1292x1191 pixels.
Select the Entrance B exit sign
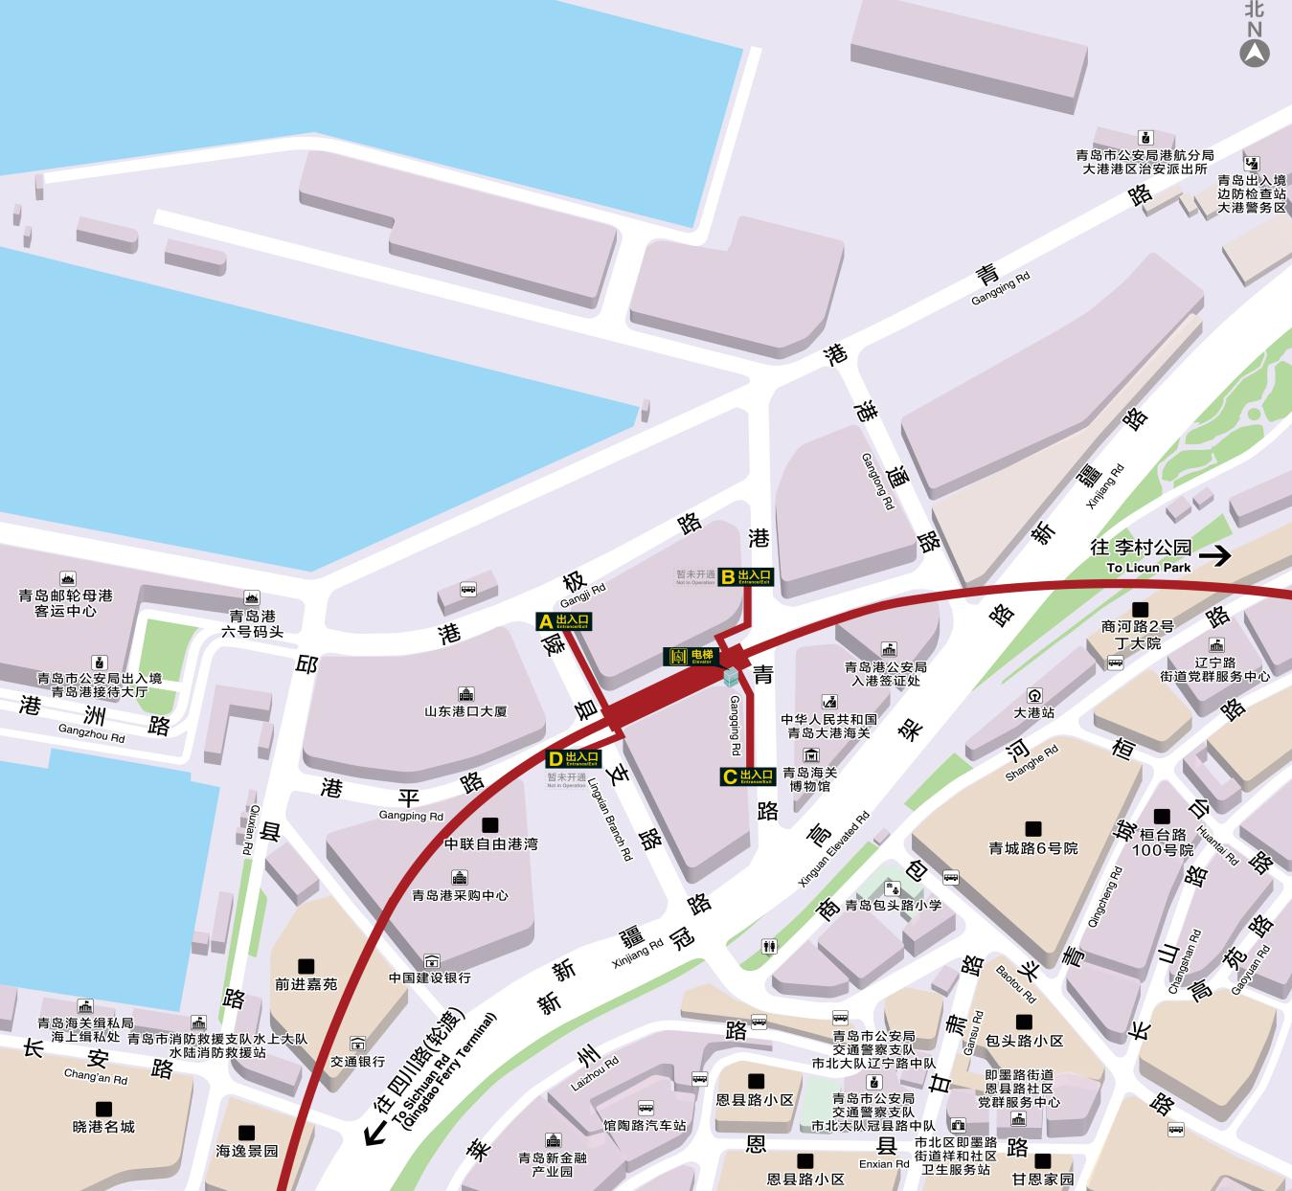point(745,576)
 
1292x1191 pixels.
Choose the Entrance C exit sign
point(747,775)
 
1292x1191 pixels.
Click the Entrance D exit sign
point(573,758)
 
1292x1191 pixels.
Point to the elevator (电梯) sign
point(691,657)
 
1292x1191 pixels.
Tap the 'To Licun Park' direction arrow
point(1217,554)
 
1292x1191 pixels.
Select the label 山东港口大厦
point(465,711)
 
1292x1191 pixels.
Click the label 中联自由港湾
point(490,843)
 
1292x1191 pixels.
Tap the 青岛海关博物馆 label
point(809,778)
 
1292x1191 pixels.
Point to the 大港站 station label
point(1034,712)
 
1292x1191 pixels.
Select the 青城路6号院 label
point(1033,847)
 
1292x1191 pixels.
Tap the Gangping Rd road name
point(411,816)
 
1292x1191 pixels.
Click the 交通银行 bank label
point(357,1061)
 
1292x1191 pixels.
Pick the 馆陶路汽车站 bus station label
point(645,1125)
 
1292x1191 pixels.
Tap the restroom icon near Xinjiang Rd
point(769,947)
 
